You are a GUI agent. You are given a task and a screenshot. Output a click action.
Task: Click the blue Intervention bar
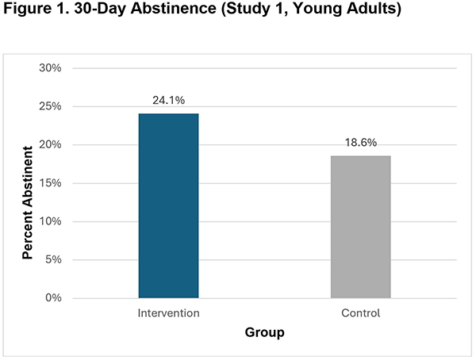tap(168, 205)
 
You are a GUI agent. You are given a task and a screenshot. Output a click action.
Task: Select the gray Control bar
tap(360, 226)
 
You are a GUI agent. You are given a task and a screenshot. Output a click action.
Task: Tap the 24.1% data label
tap(168, 101)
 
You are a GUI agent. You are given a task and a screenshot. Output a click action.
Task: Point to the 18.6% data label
tap(361, 144)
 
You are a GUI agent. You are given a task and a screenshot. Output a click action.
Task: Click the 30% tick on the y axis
tap(51, 68)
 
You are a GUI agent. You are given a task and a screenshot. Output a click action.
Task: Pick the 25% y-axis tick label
tap(51, 106)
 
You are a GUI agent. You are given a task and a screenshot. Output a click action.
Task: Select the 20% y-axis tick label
tap(51, 145)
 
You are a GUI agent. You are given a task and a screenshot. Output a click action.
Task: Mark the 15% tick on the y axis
tap(51, 183)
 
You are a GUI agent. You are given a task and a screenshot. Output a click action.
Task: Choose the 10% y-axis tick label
tap(51, 221)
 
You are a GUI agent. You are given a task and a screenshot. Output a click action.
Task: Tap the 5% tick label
tap(53, 259)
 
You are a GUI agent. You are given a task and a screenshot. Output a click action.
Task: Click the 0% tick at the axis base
tap(53, 298)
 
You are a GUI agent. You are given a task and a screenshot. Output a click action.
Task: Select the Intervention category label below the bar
tap(168, 313)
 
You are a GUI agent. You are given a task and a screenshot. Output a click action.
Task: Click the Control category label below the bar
tap(361, 313)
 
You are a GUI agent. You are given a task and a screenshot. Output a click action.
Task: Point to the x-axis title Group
tap(264, 333)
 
